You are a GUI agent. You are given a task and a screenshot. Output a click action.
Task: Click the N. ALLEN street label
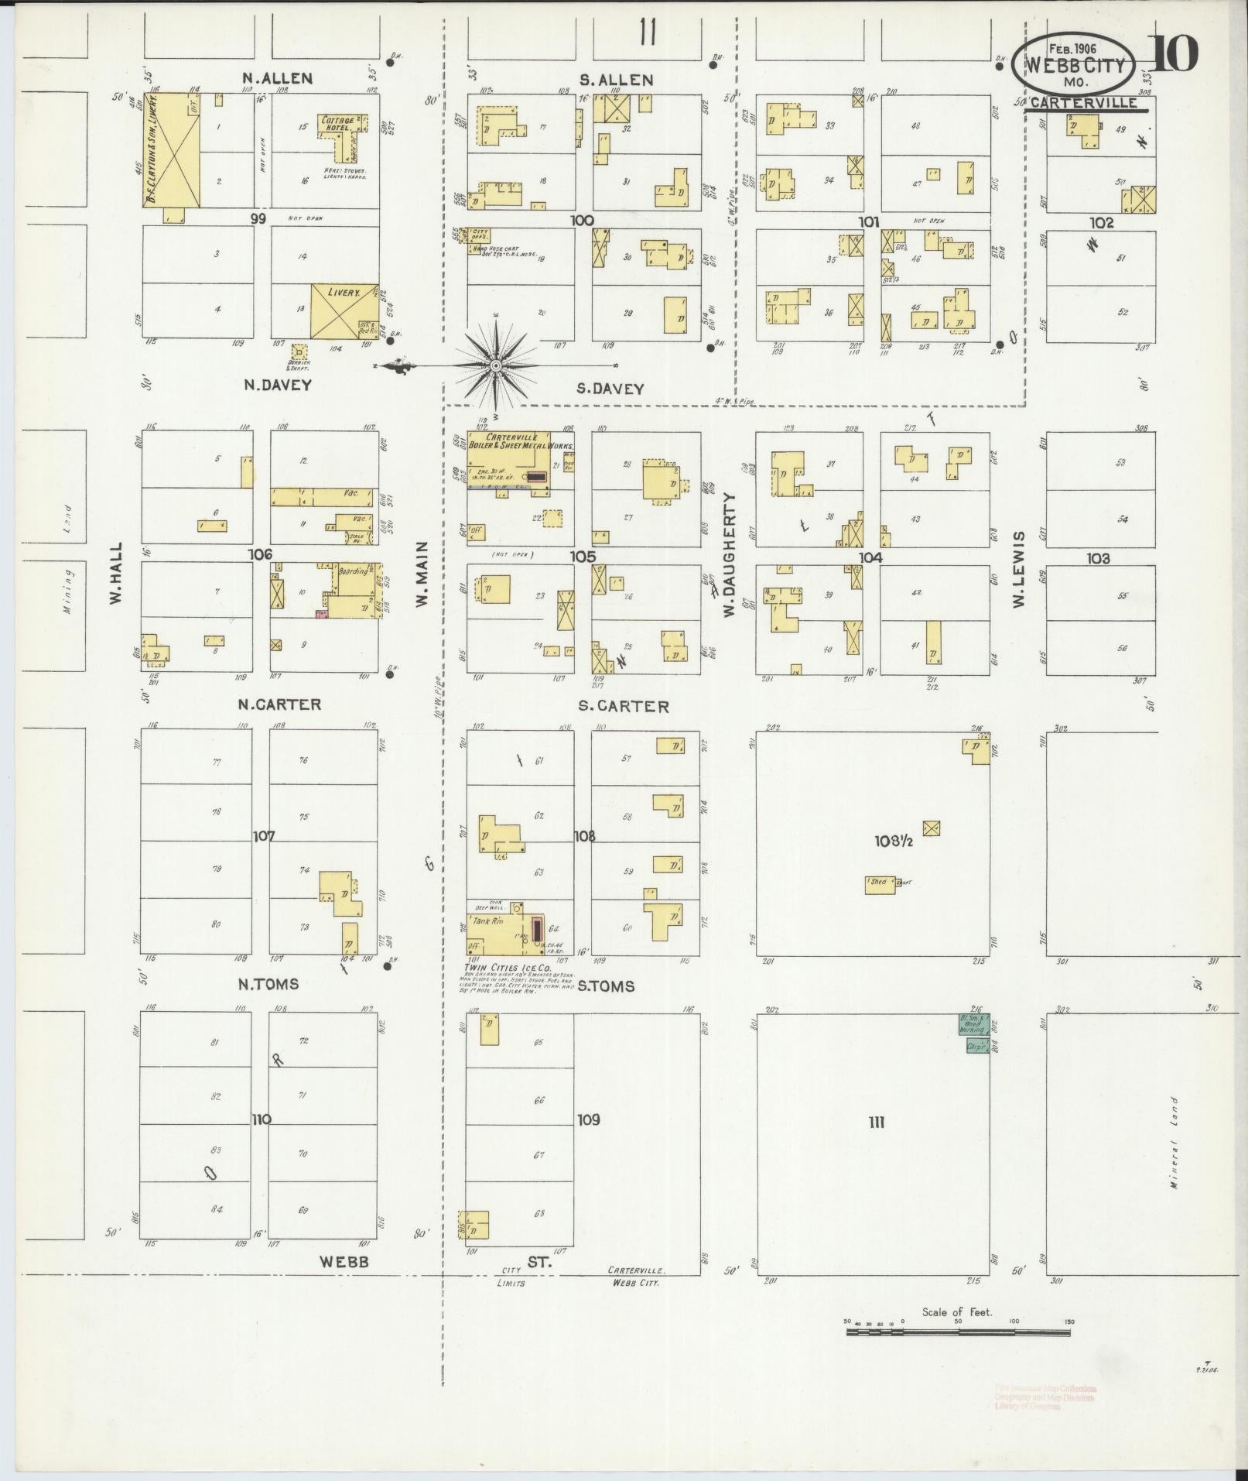click(276, 77)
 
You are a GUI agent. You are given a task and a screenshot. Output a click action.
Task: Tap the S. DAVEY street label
click(610, 389)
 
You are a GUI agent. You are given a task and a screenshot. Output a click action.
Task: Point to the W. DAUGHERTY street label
click(729, 555)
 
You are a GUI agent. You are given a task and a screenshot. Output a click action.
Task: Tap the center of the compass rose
click(496, 365)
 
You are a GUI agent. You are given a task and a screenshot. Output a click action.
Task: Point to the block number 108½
click(894, 841)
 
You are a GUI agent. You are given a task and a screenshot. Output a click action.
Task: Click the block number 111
click(876, 1122)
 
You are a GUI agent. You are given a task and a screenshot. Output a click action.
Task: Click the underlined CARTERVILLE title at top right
click(1084, 103)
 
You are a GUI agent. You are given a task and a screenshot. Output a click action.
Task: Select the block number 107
click(263, 836)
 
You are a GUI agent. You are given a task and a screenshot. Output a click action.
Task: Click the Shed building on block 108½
click(880, 884)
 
